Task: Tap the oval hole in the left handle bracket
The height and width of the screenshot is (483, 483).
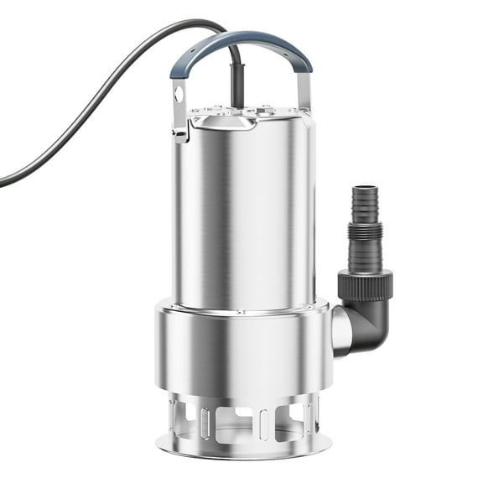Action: point(179,94)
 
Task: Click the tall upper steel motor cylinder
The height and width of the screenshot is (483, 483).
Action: point(243,210)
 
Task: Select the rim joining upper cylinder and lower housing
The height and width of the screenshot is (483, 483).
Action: point(243,306)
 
